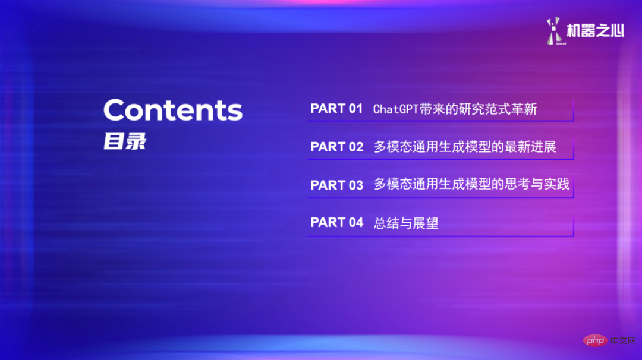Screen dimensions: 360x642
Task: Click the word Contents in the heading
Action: [x=173, y=110]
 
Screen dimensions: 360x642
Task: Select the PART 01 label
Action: [x=336, y=109]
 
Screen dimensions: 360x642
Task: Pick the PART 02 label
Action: [x=336, y=147]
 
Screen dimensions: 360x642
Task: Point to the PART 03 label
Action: [x=336, y=185]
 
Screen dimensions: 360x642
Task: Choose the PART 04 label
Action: [x=336, y=222]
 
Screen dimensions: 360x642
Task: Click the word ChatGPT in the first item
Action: [x=395, y=109]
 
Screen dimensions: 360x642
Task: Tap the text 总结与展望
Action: [x=406, y=223]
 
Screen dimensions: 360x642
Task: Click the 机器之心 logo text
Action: [x=595, y=30]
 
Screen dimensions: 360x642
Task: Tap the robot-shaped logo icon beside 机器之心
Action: [x=554, y=31]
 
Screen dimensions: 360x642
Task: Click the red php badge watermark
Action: [x=593, y=340]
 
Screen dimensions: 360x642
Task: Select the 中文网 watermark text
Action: [x=621, y=340]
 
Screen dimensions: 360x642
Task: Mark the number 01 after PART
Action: [x=355, y=109]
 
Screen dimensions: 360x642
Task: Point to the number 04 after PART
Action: [x=355, y=222]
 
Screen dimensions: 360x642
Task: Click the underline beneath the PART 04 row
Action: [x=440, y=236]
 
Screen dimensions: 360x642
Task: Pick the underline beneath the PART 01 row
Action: [x=440, y=121]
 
